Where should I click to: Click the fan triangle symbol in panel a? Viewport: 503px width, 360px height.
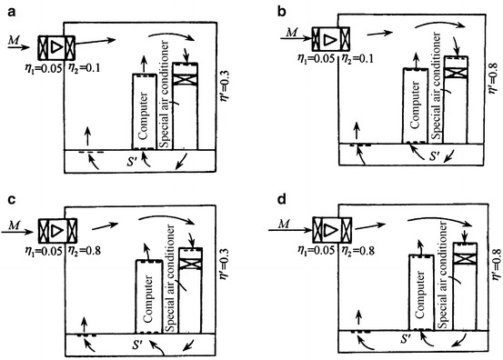pyautogui.click(x=57, y=45)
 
